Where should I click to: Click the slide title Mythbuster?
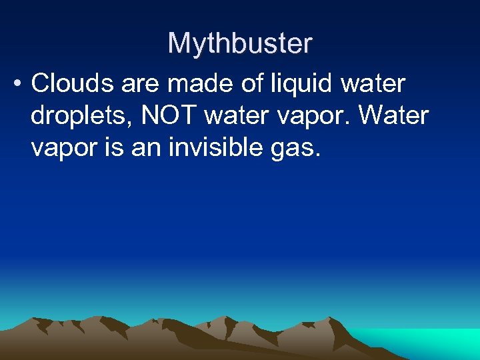point(239,44)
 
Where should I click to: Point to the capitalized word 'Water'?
point(393,115)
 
